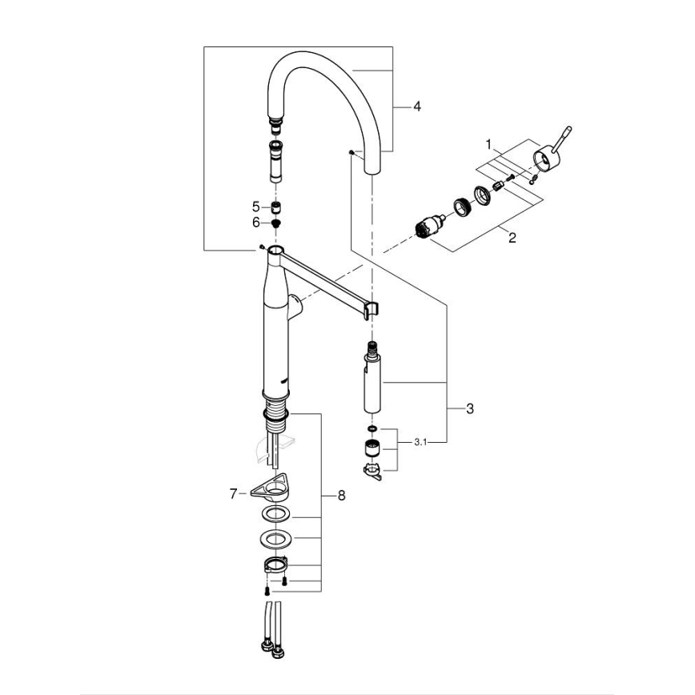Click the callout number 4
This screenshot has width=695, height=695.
click(416, 106)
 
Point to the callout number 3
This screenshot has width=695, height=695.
click(470, 408)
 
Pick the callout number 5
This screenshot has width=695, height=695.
click(255, 206)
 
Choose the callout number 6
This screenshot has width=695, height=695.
click(255, 223)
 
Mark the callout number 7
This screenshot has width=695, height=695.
click(234, 494)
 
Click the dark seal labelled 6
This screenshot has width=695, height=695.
click(276, 223)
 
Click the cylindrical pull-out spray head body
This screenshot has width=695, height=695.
click(371, 384)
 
